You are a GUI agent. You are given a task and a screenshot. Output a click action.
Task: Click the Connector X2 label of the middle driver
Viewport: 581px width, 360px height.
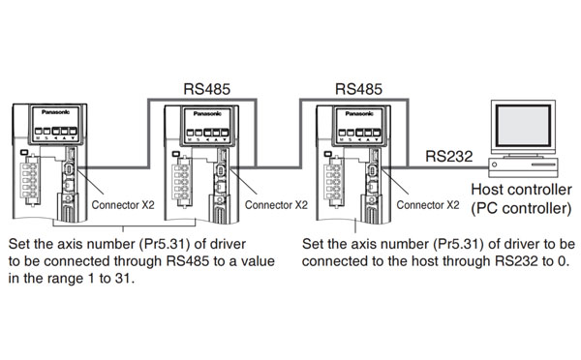coord(276,205)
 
